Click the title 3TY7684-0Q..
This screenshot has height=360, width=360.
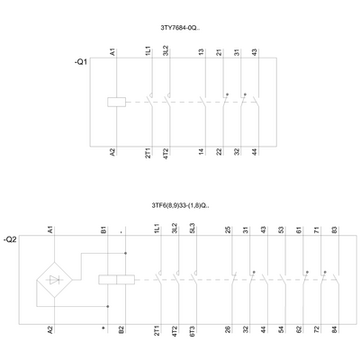tap(179, 28)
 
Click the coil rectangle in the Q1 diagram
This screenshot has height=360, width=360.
tap(114, 101)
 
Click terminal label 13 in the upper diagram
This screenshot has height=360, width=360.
tap(201, 53)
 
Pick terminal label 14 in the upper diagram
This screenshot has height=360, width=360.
tap(201, 151)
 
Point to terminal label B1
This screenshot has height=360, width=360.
tap(103, 231)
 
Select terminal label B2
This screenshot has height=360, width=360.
tap(121, 331)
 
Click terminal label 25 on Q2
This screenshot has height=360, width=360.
tap(228, 231)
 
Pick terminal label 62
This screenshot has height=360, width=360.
tap(299, 331)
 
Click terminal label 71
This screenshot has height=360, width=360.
tap(317, 231)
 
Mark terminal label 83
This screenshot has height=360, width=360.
tap(335, 231)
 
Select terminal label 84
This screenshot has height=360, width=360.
tap(335, 331)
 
